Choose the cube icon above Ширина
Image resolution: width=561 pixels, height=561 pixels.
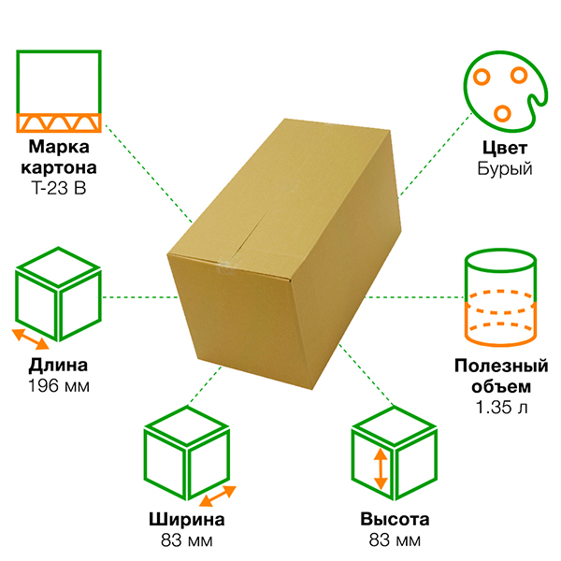click(187, 459)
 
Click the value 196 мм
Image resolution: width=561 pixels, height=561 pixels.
click(59, 384)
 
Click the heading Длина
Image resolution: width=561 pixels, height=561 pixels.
click(59, 365)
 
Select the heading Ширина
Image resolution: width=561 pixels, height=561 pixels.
click(187, 521)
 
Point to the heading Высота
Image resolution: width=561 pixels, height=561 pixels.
click(394, 521)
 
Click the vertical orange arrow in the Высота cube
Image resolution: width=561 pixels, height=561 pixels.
click(380, 469)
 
